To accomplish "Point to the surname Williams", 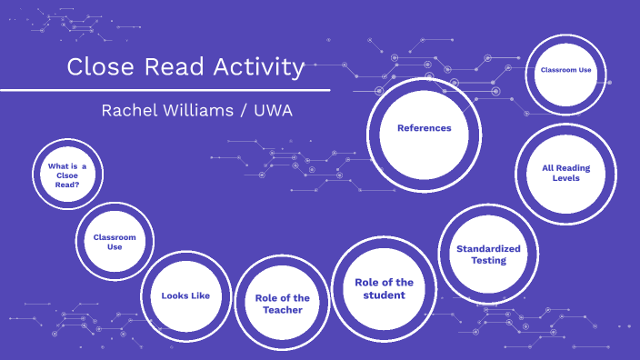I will (x=201, y=111).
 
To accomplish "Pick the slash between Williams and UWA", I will (x=243, y=111).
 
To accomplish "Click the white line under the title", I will (x=164, y=90).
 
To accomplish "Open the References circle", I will (x=424, y=128).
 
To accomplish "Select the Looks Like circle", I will (x=185, y=295).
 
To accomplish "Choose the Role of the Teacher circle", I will (x=283, y=304).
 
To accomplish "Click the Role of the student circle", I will (x=384, y=288).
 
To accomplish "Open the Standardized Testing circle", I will (x=488, y=255).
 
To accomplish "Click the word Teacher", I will (x=283, y=310).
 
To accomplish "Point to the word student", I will (x=384, y=295).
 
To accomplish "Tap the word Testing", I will (x=488, y=261).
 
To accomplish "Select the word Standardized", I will (x=488, y=248).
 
